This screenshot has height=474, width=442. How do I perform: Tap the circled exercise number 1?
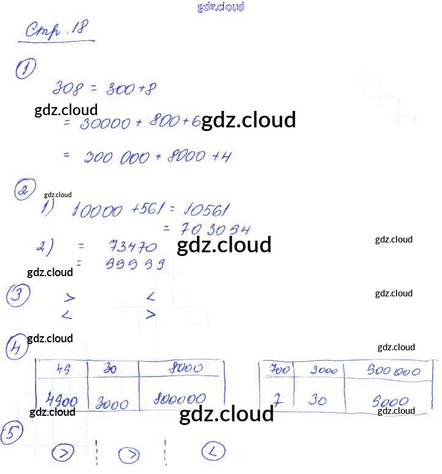coord(25,69)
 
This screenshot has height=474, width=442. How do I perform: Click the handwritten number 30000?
coord(105,124)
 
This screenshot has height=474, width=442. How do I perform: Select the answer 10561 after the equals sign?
coord(204,211)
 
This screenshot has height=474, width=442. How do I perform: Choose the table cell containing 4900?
coord(62,401)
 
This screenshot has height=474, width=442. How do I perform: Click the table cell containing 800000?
coord(179,399)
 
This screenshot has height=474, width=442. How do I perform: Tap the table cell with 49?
coord(63,369)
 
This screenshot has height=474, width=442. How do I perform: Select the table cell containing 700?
coord(280,371)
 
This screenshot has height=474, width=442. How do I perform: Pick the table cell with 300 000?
coord(393,371)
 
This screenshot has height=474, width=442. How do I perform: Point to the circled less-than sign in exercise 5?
coord(213,452)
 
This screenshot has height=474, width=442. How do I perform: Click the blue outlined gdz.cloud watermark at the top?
coord(221,7)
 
